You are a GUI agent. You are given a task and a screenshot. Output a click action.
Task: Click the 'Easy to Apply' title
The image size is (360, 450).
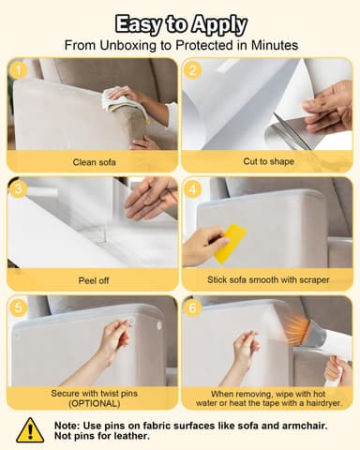(180, 23)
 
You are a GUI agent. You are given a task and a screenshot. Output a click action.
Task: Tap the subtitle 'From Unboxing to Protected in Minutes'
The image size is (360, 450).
(180, 44)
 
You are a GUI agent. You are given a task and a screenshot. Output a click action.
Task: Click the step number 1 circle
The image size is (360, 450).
(18, 69)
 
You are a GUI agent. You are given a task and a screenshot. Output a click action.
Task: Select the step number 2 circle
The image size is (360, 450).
(194, 69)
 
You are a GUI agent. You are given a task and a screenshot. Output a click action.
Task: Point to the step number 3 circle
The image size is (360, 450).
(18, 187)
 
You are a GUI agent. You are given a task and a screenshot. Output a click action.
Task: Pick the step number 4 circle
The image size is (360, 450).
(194, 187)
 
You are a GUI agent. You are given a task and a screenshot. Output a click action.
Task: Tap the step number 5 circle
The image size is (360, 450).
(18, 307)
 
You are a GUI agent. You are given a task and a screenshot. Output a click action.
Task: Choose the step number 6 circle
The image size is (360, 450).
(194, 307)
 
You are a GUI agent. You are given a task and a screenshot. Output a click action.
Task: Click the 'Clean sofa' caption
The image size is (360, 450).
(93, 161)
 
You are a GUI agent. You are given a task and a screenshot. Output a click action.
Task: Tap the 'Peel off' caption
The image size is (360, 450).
(93, 279)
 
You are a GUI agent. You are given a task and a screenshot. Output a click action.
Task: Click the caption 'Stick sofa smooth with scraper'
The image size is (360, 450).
(268, 279)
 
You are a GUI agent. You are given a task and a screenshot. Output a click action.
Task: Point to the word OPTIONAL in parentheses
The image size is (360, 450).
(93, 403)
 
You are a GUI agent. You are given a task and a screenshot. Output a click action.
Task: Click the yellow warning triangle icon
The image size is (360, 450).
(29, 429)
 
